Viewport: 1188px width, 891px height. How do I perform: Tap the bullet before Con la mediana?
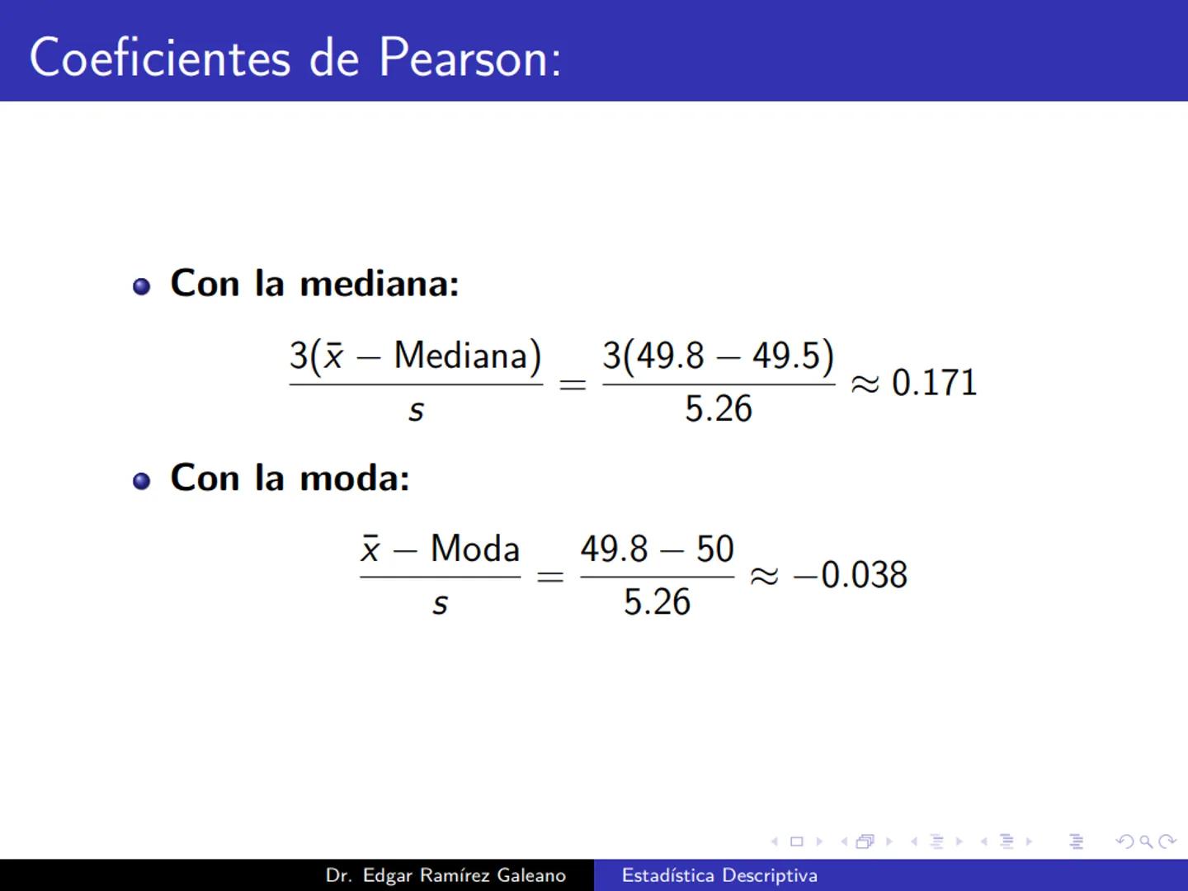point(142,286)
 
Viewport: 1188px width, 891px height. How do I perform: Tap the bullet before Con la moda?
point(142,481)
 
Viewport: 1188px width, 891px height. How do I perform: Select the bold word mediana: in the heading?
point(379,284)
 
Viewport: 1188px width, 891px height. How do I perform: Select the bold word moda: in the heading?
point(354,478)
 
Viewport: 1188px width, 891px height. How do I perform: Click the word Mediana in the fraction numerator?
point(467,356)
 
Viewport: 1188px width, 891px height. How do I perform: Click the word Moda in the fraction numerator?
point(475,549)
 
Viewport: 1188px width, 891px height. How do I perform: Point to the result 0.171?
point(934,383)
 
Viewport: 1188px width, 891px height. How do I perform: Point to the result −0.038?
point(850,575)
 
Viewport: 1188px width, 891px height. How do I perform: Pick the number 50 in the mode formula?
point(714,549)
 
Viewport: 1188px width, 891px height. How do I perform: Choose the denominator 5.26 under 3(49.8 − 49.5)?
point(718,409)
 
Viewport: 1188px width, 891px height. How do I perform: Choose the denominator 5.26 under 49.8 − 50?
point(657,602)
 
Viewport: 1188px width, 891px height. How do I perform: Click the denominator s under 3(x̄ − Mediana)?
point(416,411)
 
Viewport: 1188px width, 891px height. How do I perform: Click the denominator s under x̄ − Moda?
point(440,604)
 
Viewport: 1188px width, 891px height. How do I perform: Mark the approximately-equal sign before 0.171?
point(865,384)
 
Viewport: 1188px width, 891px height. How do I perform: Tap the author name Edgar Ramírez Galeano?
point(464,875)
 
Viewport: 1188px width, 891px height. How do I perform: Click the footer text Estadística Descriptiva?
point(719,875)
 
